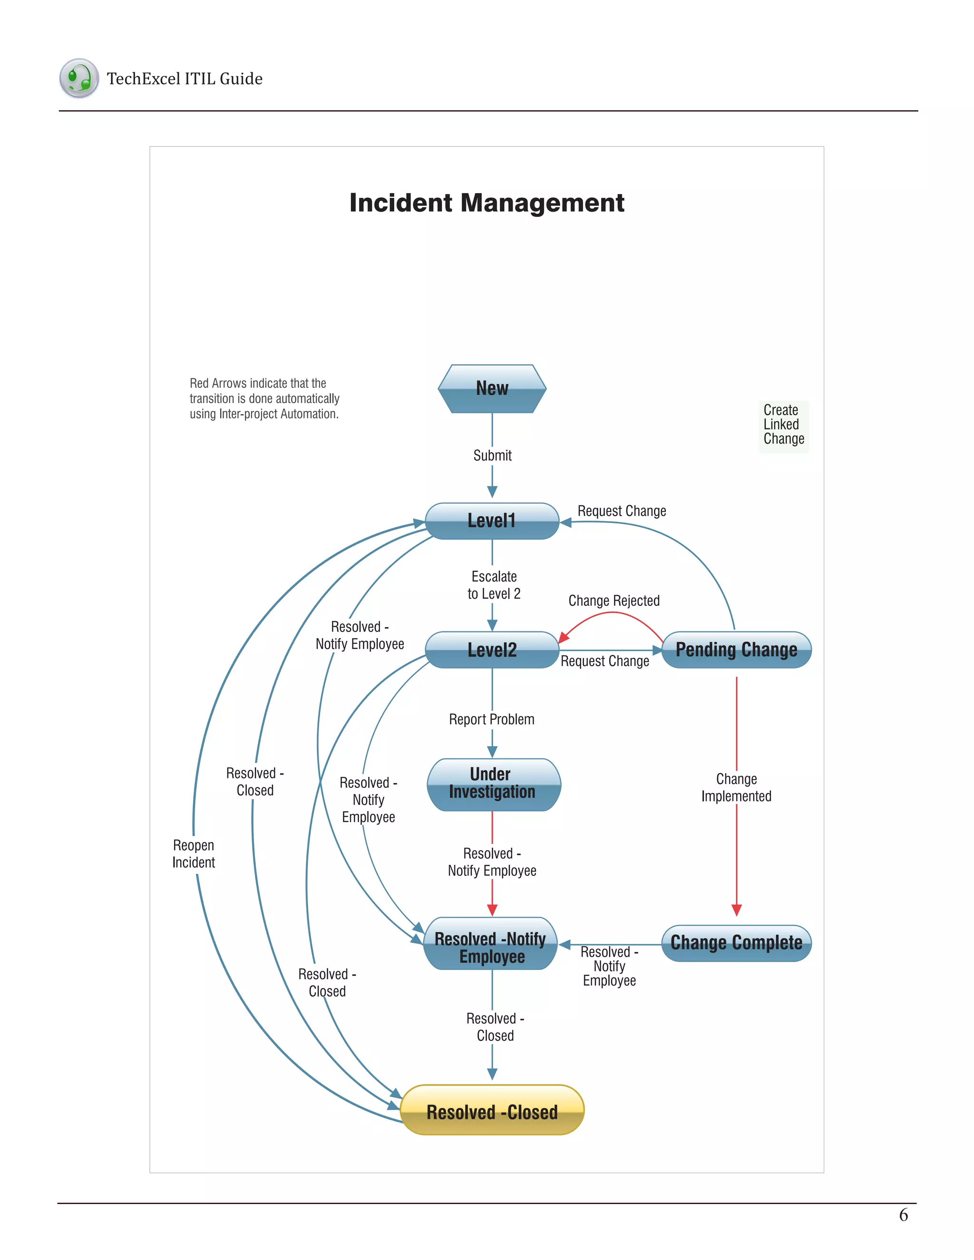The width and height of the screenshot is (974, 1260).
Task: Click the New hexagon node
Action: point(492,388)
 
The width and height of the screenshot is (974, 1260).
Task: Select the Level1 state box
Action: point(492,521)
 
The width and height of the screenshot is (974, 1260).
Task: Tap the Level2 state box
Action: point(492,650)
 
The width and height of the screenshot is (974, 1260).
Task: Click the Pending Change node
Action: point(736,650)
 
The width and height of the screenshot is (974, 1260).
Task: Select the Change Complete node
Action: point(736,943)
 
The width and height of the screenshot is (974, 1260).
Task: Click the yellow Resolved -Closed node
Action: point(492,1111)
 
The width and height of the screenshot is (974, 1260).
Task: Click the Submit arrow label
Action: point(492,456)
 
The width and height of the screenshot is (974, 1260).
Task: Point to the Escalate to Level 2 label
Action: point(494,585)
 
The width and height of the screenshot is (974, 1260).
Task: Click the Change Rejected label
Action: point(614,601)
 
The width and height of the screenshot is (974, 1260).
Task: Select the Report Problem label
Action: point(492,719)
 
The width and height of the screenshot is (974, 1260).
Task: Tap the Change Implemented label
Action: point(736,787)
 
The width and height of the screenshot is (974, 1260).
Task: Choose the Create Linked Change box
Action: point(784,425)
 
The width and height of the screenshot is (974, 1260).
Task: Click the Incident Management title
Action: point(487,203)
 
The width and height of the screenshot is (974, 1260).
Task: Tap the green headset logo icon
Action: point(79,78)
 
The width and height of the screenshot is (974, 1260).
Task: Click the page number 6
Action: point(903,1215)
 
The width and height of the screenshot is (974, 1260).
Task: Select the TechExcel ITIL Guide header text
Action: point(185,79)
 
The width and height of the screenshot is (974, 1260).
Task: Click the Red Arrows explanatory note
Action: point(264,398)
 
